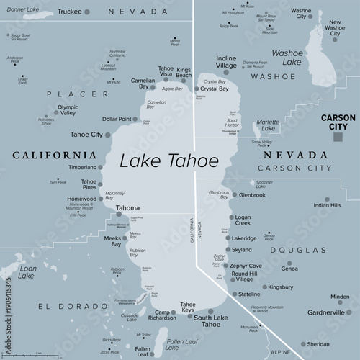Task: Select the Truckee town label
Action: pos(70,12)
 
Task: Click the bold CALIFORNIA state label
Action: pos(54,155)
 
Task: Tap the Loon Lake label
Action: pos(27,271)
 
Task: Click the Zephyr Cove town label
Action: pos(246,265)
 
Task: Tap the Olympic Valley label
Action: pos(68,109)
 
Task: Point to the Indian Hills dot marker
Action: pos(328,199)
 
